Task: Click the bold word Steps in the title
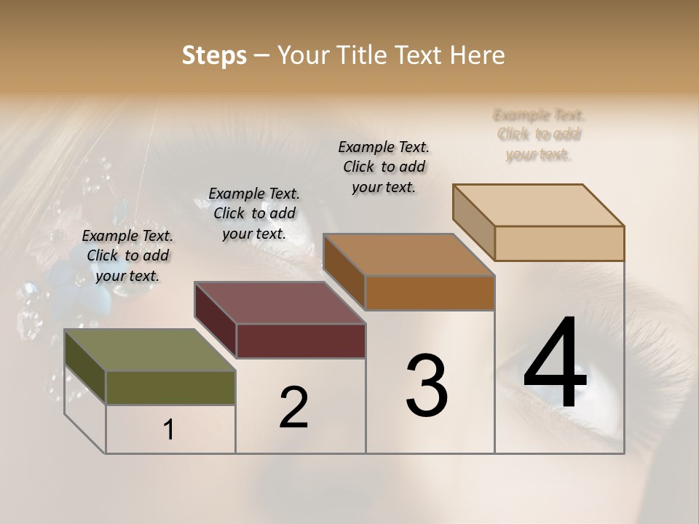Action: [x=214, y=55]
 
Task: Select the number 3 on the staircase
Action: [x=427, y=386]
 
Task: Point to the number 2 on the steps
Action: [x=293, y=408]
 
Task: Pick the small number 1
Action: [x=169, y=430]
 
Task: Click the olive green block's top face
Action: [x=149, y=350]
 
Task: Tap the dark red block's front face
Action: [x=301, y=341]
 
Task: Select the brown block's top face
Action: [x=408, y=255]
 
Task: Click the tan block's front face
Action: [x=559, y=243]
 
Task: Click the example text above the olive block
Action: [x=127, y=255]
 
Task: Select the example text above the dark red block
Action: [x=254, y=213]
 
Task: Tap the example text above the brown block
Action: [x=384, y=167]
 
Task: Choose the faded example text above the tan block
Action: [x=539, y=135]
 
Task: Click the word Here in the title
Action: [x=478, y=55]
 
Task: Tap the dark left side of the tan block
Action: [x=473, y=221]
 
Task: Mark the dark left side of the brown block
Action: [x=344, y=271]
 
